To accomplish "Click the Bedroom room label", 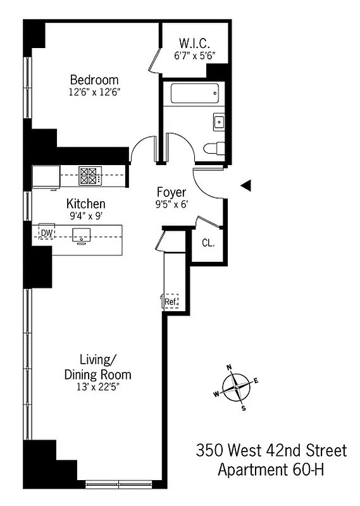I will coord(94,80).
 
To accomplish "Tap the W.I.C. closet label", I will coord(195,43).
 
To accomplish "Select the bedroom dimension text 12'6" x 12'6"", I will coord(94,92).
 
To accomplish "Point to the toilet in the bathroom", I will coord(212,149).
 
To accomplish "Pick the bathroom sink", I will coord(219,121).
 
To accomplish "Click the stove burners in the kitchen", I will coord(89,175).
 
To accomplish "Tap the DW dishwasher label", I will coord(46,233).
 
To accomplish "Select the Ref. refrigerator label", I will coord(171,302).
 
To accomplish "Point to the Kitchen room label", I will coord(86,204).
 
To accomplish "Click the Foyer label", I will coord(171,192).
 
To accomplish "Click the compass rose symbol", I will coord(236,386).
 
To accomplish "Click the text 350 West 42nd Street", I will coord(271,451).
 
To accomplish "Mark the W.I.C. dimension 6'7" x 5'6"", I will coord(195,55).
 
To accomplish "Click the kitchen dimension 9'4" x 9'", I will coord(86,216).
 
